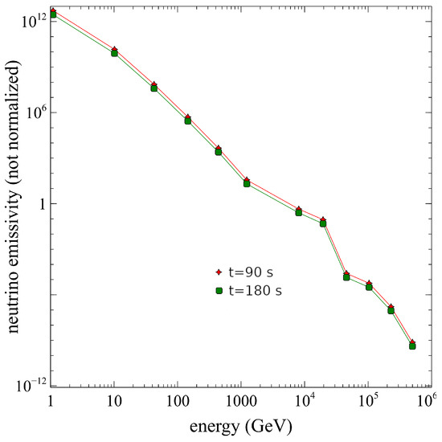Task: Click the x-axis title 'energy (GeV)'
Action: pyautogui.click(x=241, y=428)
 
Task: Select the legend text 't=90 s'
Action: pyautogui.click(x=251, y=272)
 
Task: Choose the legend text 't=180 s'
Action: pyautogui.click(x=255, y=291)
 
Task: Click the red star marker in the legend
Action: pyautogui.click(x=219, y=272)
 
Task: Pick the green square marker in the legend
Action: pyautogui.click(x=219, y=291)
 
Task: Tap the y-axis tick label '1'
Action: pyautogui.click(x=43, y=204)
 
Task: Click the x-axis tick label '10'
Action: pyautogui.click(x=114, y=401)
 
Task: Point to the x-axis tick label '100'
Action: pyautogui.click(x=178, y=401)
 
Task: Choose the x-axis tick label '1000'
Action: pyautogui.click(x=241, y=401)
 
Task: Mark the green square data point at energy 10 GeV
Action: pyautogui.click(x=114, y=53)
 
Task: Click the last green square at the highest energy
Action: pyautogui.click(x=412, y=346)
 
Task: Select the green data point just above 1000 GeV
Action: pyautogui.click(x=247, y=183)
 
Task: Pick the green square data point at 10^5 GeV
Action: pyautogui.click(x=369, y=287)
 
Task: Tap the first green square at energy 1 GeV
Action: pyautogui.click(x=53, y=14)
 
